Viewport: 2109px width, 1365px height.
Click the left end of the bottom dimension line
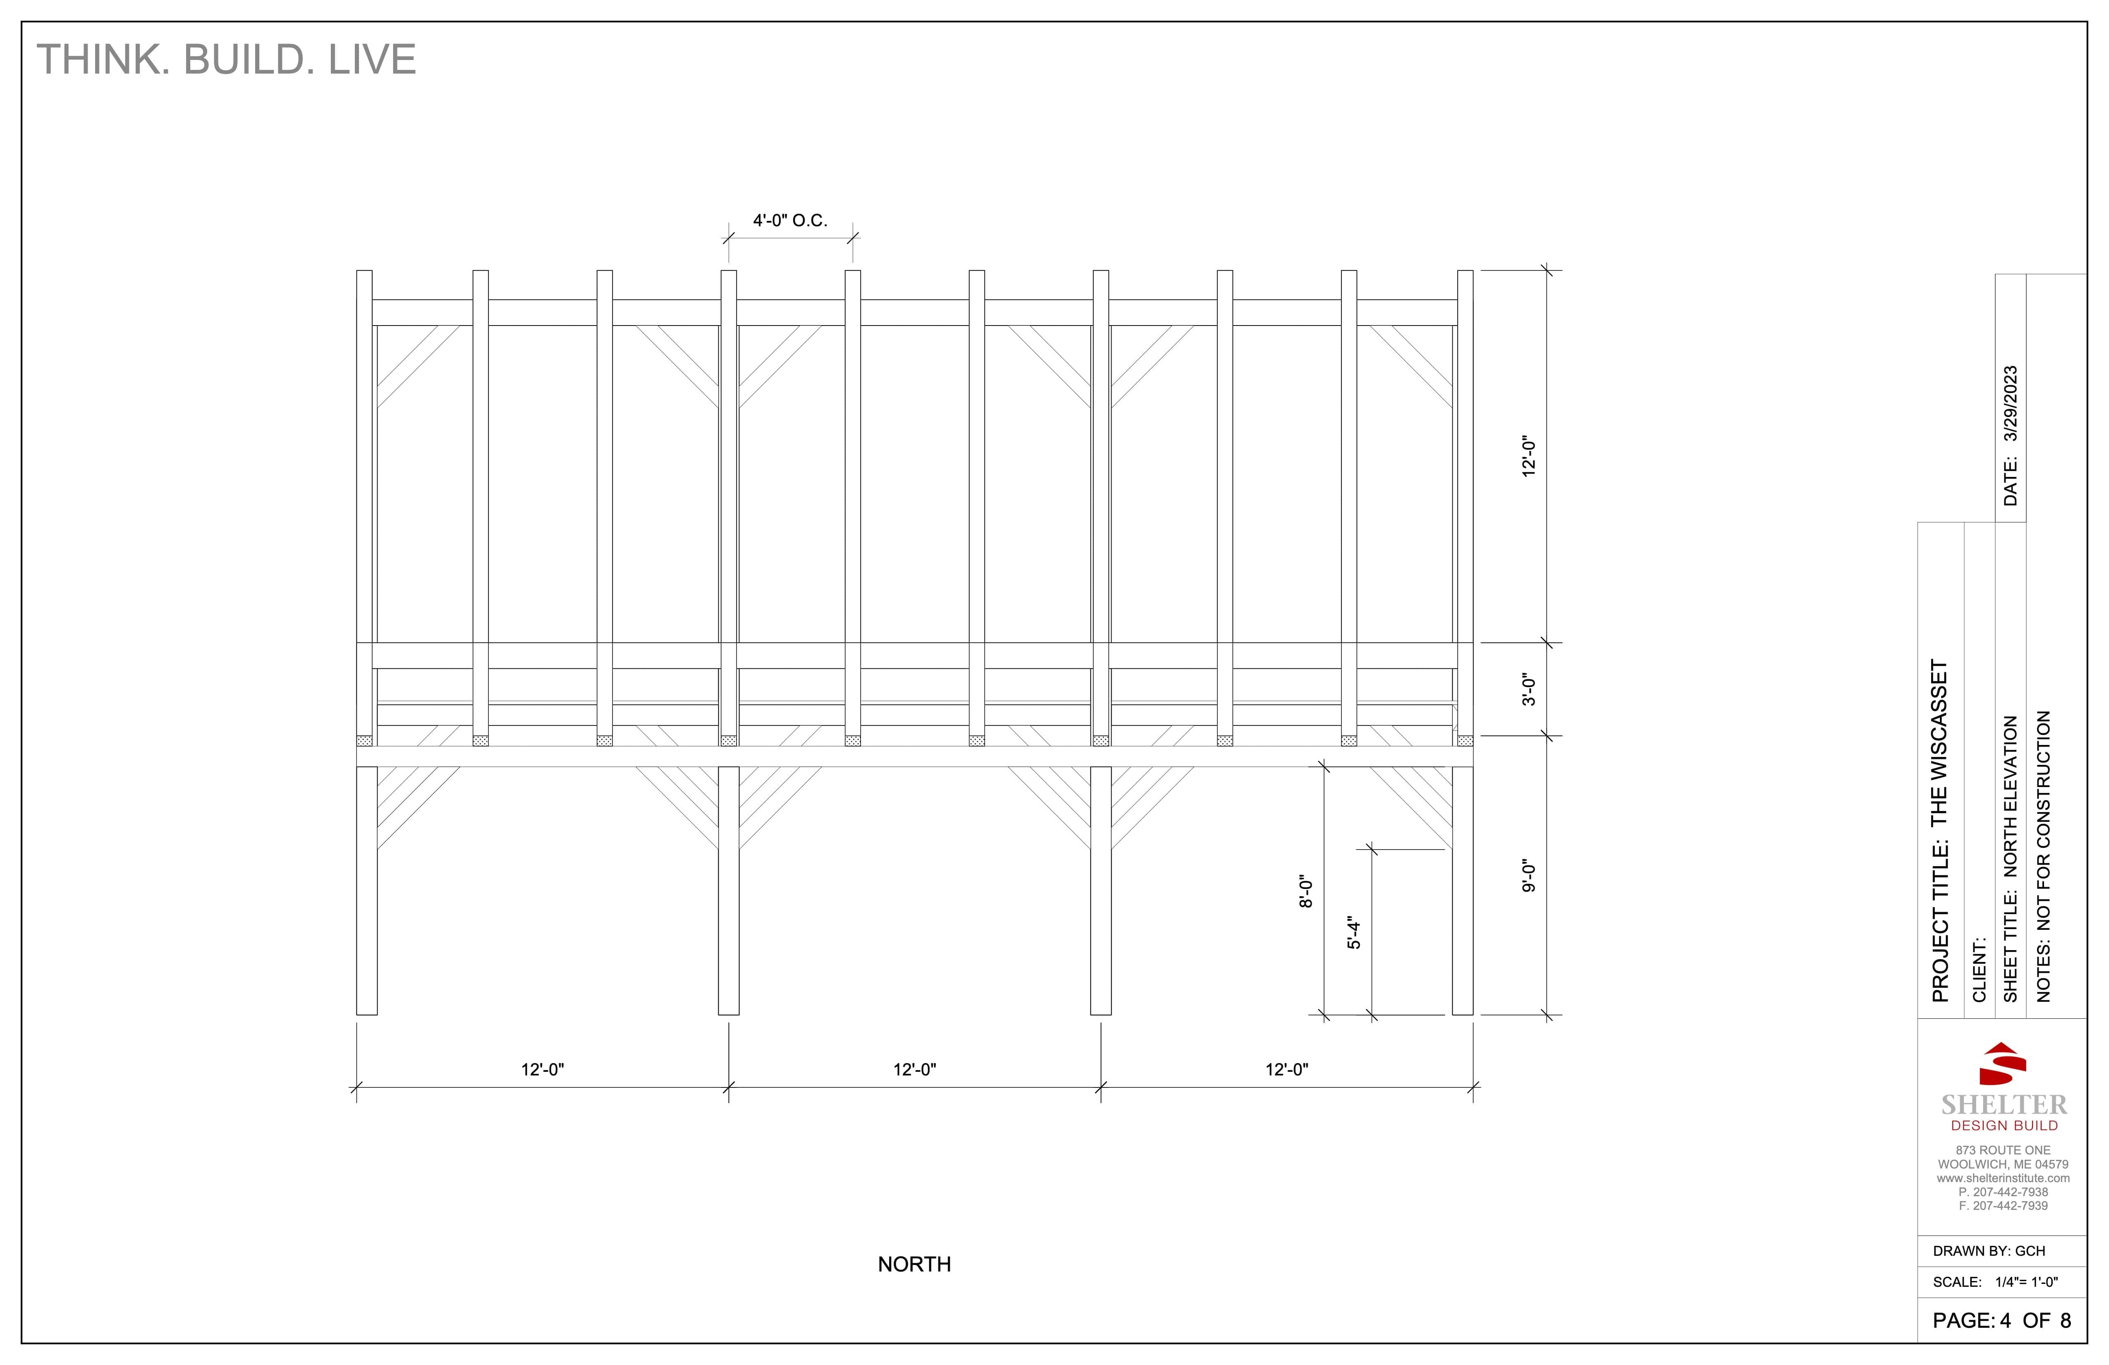point(356,1087)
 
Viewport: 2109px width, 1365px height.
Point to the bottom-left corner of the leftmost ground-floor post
point(357,1014)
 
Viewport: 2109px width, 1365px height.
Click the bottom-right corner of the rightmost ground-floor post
point(1473,1014)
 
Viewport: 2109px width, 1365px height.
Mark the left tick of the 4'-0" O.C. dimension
point(728,237)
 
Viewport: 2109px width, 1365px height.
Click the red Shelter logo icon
point(2003,1063)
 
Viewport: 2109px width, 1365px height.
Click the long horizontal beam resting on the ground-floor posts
point(914,756)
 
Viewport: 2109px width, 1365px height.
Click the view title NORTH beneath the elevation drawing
point(914,1264)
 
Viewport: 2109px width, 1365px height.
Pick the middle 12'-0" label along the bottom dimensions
point(914,1070)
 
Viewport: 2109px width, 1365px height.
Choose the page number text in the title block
point(2002,1321)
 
